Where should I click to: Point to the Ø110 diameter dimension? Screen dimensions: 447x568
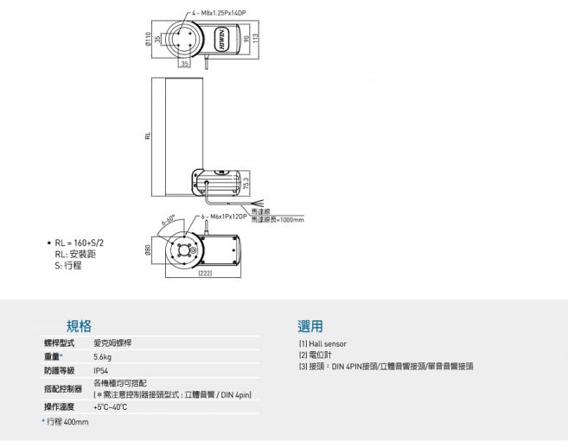149,39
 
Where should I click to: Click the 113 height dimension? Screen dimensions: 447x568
257,41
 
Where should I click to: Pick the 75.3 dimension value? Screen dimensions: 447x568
246,184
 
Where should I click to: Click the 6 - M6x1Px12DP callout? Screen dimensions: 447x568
224,216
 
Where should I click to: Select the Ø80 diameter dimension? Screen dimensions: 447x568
148,250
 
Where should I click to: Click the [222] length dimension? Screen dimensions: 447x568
206,274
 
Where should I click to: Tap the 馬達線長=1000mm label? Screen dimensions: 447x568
277,221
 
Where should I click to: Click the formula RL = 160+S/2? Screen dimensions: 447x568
79,244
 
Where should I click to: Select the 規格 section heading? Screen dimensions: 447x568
80,326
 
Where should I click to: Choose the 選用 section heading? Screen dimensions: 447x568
310,326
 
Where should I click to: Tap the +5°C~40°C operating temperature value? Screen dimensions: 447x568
111,406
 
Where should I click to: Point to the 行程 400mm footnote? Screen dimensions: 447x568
66,422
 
